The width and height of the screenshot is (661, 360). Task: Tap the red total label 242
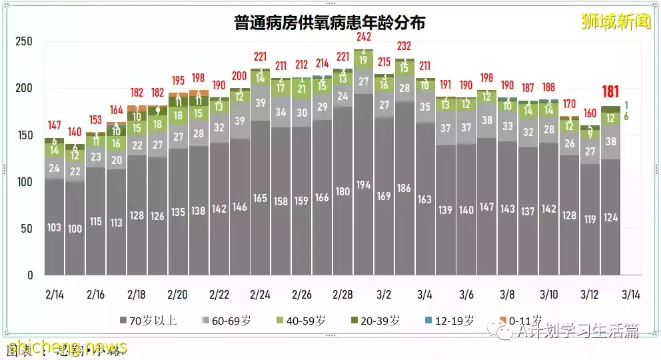pos(363,37)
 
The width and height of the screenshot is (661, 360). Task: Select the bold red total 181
pos(610,92)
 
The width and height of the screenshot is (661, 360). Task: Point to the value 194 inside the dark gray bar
pos(363,184)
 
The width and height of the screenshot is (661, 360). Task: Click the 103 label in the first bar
pos(54,227)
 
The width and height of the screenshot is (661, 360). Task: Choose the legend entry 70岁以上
pos(151,321)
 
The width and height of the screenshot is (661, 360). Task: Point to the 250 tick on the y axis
pos(24,41)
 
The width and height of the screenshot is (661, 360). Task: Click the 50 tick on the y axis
pos(27,229)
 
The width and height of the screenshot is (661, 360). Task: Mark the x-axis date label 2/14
pos(54,294)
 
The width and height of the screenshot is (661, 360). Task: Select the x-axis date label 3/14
pos(630,294)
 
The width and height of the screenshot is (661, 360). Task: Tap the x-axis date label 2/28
pos(342,294)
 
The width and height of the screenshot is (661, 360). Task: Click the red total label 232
pos(404,46)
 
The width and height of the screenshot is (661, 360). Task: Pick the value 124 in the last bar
pos(610,217)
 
